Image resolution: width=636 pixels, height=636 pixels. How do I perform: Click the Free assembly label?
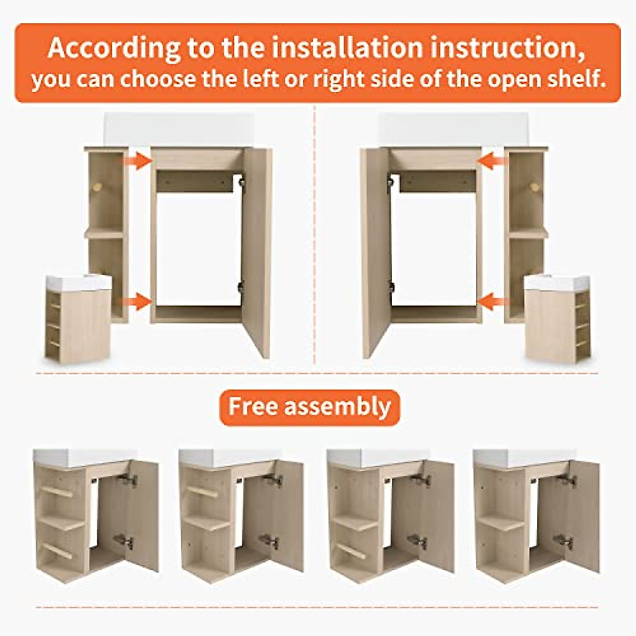(310, 407)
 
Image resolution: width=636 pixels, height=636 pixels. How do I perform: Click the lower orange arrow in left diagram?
(137, 302)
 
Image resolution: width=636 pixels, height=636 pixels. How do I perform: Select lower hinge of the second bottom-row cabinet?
(270, 541)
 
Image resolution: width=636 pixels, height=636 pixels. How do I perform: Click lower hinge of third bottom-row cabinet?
(418, 541)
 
